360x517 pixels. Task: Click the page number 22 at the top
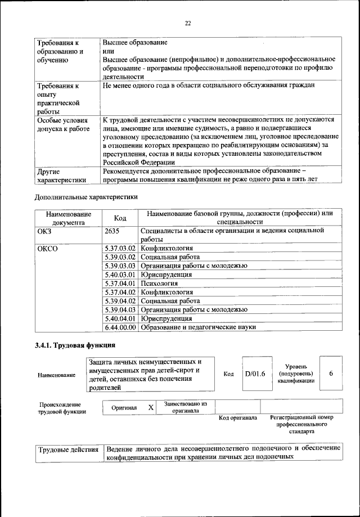[187, 23]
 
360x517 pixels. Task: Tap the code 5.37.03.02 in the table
[121, 248]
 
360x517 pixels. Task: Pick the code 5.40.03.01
[121, 275]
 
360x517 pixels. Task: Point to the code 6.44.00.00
[121, 327]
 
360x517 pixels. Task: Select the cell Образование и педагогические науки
[198, 327]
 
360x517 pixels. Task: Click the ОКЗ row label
[44, 231]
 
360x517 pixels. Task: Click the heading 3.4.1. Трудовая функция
[75, 344]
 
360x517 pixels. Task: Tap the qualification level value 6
[331, 374]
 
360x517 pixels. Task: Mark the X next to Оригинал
[150, 407]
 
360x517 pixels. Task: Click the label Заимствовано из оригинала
[186, 407]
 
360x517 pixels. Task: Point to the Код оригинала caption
[237, 418]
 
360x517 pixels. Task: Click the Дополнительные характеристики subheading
[86, 197]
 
